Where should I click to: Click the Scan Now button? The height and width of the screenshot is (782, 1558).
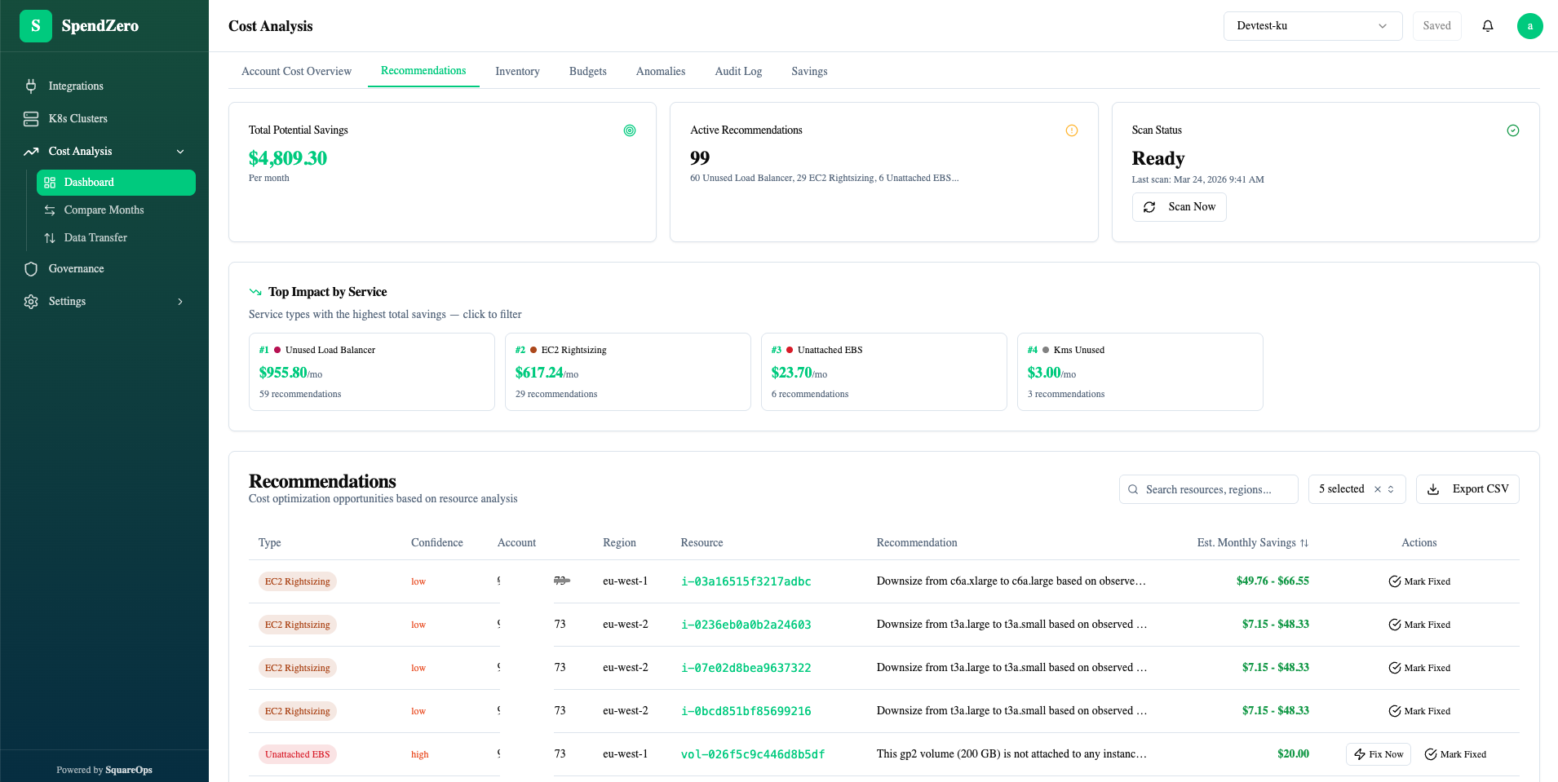1179,207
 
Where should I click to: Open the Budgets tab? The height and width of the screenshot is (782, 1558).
587,72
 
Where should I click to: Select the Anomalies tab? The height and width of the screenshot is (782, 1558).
660,72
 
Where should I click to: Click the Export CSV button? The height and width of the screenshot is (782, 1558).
1467,489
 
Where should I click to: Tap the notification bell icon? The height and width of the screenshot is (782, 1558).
1487,26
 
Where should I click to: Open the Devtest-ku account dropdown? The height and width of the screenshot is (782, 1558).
1312,26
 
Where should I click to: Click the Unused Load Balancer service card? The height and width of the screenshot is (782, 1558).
371,372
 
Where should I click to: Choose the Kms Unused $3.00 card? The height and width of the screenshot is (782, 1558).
1140,372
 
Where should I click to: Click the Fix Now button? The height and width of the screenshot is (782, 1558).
1378,754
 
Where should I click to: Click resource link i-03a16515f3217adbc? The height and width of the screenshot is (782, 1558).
746,581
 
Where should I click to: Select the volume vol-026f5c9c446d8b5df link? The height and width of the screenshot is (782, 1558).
752,754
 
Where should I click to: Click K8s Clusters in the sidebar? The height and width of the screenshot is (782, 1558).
77,119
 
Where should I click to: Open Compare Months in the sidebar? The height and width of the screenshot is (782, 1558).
104,210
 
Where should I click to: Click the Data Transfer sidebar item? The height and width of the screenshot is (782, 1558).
95,238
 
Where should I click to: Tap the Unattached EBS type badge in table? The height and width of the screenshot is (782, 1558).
297,754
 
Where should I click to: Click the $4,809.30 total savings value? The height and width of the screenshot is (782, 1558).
288,158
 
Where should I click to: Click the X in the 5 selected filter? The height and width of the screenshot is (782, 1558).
1378,489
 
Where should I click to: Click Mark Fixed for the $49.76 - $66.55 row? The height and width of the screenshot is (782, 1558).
1419,581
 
